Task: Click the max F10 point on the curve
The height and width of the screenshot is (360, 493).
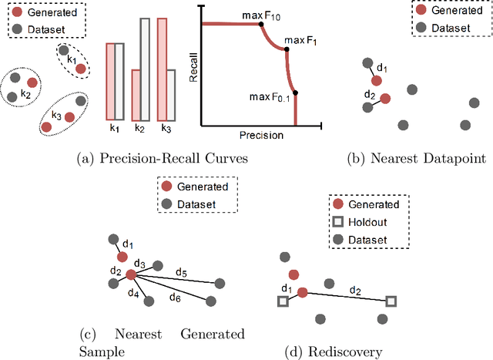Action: click(260, 25)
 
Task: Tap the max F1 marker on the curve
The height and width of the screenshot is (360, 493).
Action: click(287, 49)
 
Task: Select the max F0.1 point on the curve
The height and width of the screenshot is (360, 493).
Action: click(296, 93)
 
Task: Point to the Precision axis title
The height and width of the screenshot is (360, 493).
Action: click(261, 135)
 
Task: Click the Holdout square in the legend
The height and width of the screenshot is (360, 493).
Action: click(337, 223)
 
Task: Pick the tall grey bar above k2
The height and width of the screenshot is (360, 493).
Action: click(144, 69)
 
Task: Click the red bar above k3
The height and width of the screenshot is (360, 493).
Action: click(162, 69)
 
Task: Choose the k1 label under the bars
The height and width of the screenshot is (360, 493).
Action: click(115, 130)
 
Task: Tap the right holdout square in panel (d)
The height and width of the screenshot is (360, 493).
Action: click(391, 301)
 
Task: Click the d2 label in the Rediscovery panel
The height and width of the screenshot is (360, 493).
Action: click(354, 290)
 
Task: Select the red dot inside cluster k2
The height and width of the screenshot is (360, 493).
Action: click(32, 82)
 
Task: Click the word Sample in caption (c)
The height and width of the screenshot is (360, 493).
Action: click(101, 352)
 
